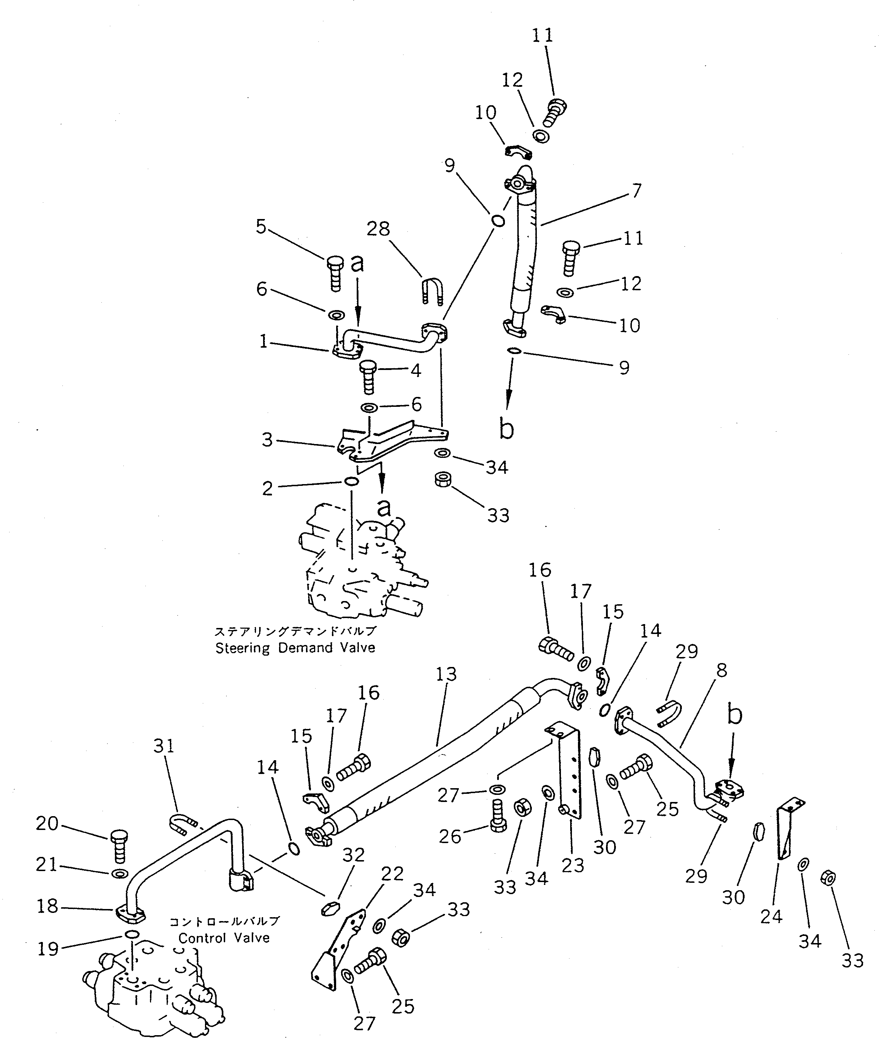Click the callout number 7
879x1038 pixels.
pyautogui.click(x=636, y=190)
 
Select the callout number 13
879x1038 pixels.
pyautogui.click(x=446, y=674)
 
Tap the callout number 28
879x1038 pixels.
pyautogui.click(x=378, y=229)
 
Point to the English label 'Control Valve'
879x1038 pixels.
pyautogui.click(x=224, y=938)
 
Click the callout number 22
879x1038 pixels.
pyautogui.click(x=392, y=873)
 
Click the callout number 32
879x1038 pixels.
pyautogui.click(x=354, y=855)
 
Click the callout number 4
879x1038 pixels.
pyautogui.click(x=416, y=370)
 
